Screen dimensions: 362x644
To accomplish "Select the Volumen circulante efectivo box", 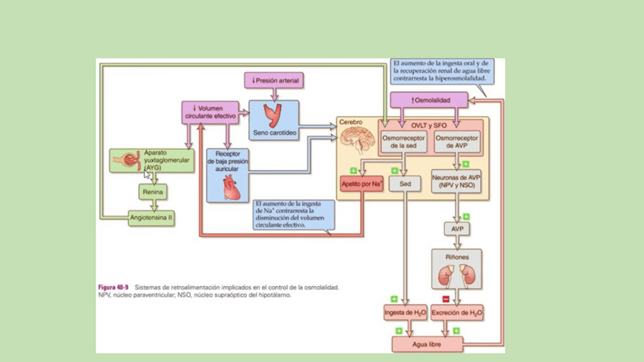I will tap(210, 112).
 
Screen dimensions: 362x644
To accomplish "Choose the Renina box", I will tap(153, 192).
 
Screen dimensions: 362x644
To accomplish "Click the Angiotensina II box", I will tap(151, 217).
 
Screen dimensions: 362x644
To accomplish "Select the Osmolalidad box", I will tap(428, 99).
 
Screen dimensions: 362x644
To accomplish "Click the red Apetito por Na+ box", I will tap(361, 183).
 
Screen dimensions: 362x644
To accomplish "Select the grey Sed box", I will tap(404, 183).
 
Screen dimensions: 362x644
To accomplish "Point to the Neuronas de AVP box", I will tap(459, 183).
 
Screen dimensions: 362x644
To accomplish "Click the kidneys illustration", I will tap(456, 273).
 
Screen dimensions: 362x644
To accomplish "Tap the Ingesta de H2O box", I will tap(405, 312).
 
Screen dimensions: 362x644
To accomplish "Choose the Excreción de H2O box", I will tap(457, 312).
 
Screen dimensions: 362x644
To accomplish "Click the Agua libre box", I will tap(427, 344).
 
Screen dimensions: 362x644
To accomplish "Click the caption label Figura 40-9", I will tap(113, 288).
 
